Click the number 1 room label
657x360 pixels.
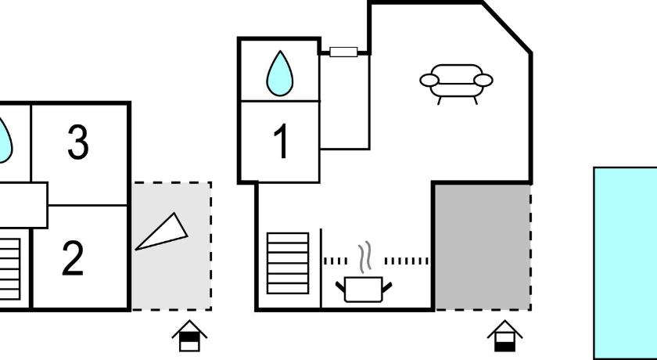282,141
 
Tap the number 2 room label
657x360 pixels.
73,258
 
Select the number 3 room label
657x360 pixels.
78,142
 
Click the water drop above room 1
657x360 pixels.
280,74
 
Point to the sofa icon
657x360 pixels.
456,84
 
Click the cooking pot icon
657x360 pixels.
364,289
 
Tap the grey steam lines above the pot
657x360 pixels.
365,257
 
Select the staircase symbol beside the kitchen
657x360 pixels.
288,263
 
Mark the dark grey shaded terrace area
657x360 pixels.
483,247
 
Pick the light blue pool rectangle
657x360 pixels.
626,263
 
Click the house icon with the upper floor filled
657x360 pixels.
189,336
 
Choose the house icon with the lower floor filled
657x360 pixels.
505,336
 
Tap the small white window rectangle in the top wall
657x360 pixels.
343,52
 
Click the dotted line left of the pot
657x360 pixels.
336,261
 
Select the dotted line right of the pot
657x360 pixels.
407,261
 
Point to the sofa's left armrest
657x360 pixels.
429,80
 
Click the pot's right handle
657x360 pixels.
386,287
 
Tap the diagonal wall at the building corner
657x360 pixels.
507,28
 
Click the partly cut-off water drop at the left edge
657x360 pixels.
5,140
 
